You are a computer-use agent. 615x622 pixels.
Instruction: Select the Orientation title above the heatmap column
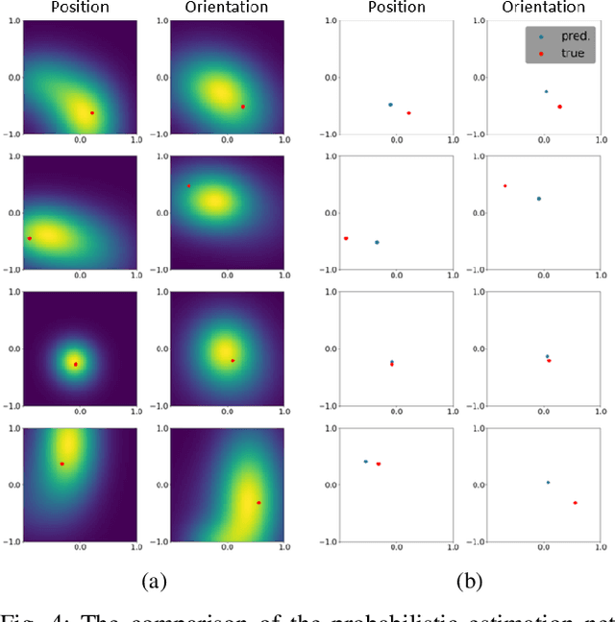tap(227, 8)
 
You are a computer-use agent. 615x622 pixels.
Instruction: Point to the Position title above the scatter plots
tap(396, 8)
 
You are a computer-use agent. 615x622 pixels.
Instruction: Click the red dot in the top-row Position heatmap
tap(92, 113)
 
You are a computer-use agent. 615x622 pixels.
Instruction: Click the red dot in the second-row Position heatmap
tap(30, 238)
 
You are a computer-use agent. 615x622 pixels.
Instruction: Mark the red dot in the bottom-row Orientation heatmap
tap(258, 502)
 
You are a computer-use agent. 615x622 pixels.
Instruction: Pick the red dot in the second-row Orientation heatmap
tap(188, 186)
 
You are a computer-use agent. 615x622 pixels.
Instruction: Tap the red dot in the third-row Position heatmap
tap(75, 364)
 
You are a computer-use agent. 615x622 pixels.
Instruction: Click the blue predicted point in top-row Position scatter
tap(390, 105)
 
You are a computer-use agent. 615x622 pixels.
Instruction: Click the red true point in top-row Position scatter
tap(408, 113)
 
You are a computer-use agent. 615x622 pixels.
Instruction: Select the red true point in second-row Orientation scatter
tap(504, 186)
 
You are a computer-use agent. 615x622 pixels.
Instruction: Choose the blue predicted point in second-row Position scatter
tap(377, 242)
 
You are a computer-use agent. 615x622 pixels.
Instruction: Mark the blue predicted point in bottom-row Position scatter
tap(365, 462)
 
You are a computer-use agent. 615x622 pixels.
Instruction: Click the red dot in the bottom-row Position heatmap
tap(62, 464)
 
